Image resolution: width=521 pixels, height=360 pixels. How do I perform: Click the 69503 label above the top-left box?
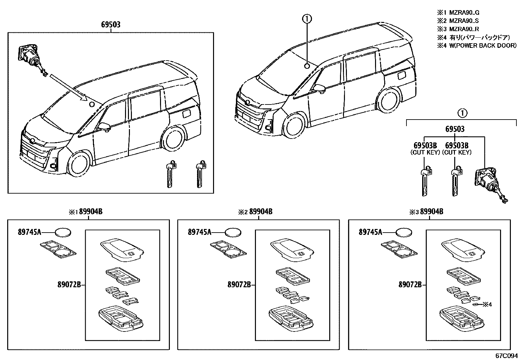pyautogui.click(x=111, y=25)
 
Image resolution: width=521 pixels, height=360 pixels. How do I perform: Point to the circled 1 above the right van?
pyautogui.click(x=307, y=20)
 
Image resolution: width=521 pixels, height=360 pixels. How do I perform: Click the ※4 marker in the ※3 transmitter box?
pyautogui.click(x=487, y=305)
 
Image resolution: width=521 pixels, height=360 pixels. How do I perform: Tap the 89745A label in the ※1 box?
pyautogui.click(x=29, y=232)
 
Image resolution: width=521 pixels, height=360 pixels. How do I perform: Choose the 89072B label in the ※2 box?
pyautogui.click(x=239, y=285)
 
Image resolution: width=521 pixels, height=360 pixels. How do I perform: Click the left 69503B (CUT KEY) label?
pyautogui.click(x=425, y=148)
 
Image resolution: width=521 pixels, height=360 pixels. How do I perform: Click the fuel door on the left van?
pyautogui.click(x=186, y=114)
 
